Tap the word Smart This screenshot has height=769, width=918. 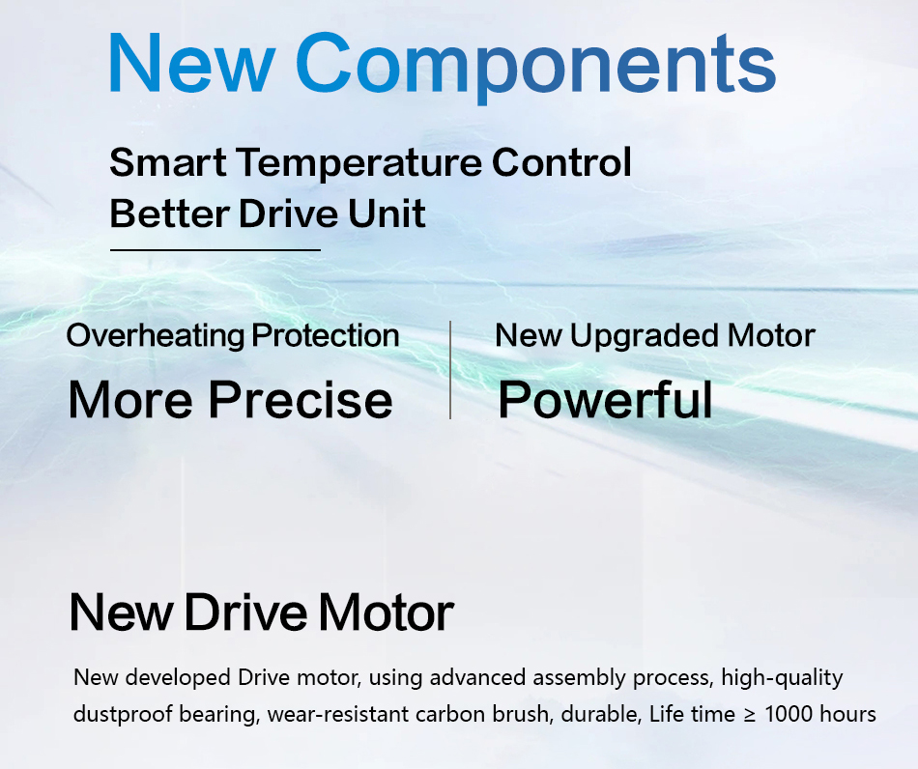168,161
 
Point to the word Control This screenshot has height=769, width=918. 561,161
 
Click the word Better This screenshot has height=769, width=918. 169,214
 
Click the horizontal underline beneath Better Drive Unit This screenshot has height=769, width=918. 215,250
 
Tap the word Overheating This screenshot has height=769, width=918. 156,336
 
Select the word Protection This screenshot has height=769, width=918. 326,336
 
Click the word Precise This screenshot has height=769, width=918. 301,400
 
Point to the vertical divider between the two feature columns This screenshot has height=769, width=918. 450,370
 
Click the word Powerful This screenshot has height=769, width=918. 605,399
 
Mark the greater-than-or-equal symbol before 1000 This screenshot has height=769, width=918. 750,715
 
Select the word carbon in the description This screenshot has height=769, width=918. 450,714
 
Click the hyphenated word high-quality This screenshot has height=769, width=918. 782,678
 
